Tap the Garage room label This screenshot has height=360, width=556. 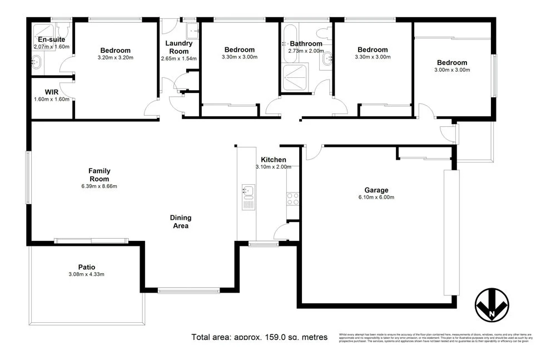pyautogui.click(x=376, y=190)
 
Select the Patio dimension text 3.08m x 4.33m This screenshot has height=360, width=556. pyautogui.click(x=86, y=274)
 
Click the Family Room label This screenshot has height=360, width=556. pyautogui.click(x=100, y=175)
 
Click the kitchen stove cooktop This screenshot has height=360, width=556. pyautogui.click(x=292, y=199)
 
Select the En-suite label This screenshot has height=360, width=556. pyautogui.click(x=51, y=40)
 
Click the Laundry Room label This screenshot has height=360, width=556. pyautogui.click(x=179, y=47)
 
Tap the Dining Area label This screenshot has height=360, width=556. pyautogui.click(x=180, y=221)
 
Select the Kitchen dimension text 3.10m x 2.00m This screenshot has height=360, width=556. pyautogui.click(x=273, y=167)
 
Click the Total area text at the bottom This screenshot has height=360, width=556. pyautogui.click(x=259, y=337)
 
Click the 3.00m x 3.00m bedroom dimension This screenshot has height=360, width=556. pyautogui.click(x=453, y=70)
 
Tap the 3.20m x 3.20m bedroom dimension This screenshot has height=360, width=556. pyautogui.click(x=116, y=57)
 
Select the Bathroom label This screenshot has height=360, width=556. pyautogui.click(x=305, y=44)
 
